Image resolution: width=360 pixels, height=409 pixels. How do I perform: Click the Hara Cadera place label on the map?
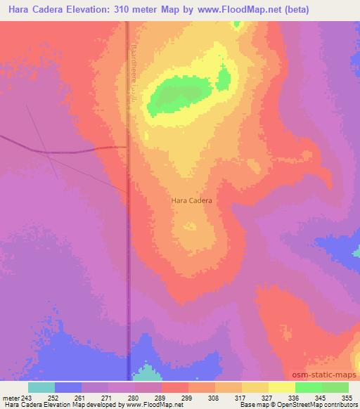pos(191,200)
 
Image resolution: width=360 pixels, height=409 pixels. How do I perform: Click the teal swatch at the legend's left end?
pos(41,387)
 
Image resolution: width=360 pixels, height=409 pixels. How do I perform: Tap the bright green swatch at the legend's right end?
pos(335,387)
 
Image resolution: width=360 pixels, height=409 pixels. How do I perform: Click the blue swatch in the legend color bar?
pos(68,387)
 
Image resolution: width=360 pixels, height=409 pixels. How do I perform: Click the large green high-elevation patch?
pos(180,96)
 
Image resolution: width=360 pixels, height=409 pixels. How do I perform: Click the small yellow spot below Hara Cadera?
pos(191,226)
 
